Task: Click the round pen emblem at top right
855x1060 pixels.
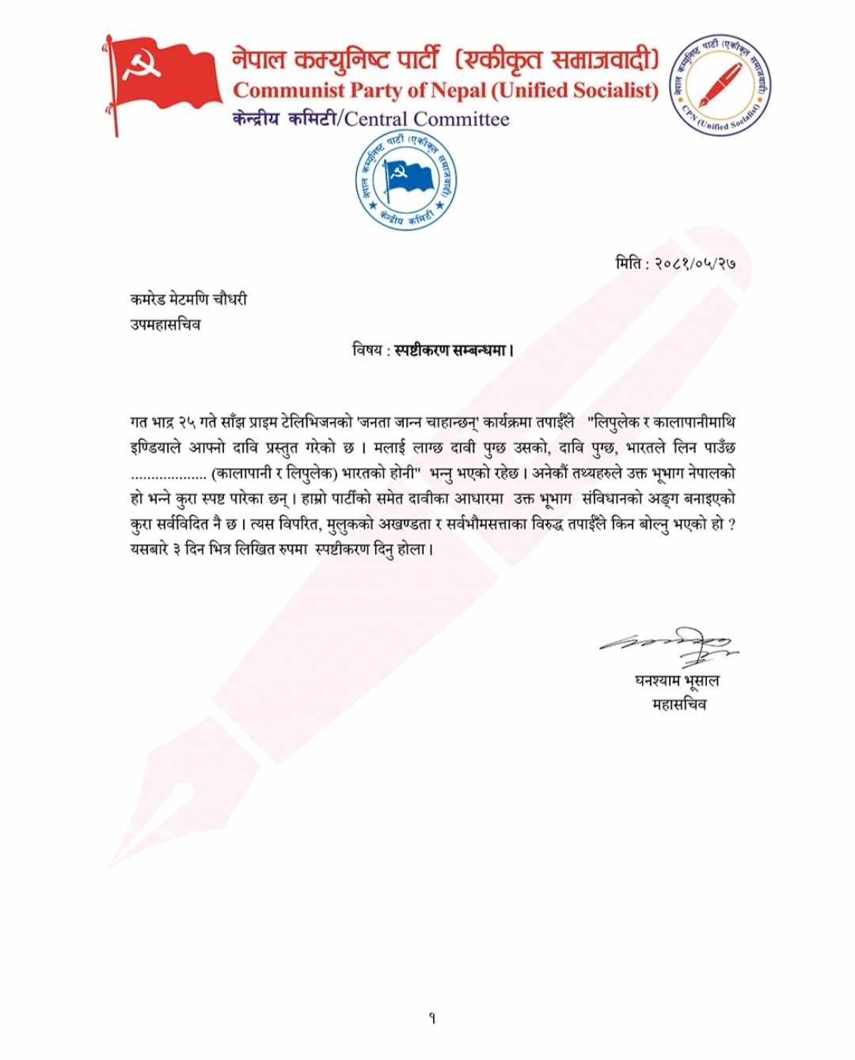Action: pyautogui.click(x=720, y=85)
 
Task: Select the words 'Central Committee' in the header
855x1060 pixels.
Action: pyautogui.click(x=427, y=120)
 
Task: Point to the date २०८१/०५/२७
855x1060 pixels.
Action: pyautogui.click(x=695, y=264)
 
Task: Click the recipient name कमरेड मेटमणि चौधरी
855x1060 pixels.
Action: pyautogui.click(x=188, y=299)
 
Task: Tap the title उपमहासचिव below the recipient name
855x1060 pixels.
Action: pyautogui.click(x=165, y=325)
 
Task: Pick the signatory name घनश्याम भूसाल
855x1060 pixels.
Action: pyautogui.click(x=677, y=680)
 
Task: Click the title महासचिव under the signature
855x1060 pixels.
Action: pyautogui.click(x=678, y=704)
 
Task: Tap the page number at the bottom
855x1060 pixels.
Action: pyautogui.click(x=432, y=1018)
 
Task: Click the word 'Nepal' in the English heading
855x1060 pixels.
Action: pyautogui.click(x=457, y=90)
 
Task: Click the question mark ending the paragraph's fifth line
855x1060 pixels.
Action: pyautogui.click(x=731, y=525)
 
